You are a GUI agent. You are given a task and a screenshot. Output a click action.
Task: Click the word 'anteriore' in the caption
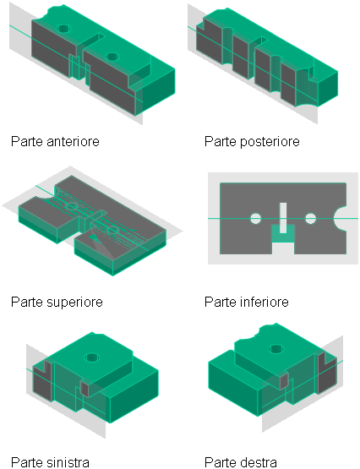click(73, 141)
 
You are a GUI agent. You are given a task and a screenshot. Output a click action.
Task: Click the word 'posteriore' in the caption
click(270, 141)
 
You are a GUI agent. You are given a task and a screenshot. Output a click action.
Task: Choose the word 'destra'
click(259, 462)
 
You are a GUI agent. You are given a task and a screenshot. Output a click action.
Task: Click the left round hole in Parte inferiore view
click(255, 219)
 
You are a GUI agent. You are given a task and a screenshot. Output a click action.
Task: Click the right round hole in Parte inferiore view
click(310, 219)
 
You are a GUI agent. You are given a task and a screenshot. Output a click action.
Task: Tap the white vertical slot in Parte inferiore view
click(283, 218)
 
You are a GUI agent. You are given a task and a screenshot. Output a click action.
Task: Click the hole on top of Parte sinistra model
click(92, 357)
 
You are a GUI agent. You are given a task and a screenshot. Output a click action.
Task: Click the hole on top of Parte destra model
click(276, 349)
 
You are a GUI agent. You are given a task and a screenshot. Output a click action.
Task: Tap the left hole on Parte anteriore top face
click(63, 29)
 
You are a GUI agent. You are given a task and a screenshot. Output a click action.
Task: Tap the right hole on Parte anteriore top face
click(112, 57)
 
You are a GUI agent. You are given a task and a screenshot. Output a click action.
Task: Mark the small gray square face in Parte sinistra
click(85, 388)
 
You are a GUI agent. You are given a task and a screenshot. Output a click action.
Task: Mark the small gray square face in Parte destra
click(284, 381)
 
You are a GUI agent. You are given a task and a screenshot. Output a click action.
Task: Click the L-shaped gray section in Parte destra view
click(326, 373)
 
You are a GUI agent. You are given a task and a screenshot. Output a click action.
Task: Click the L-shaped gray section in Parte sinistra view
click(42, 379)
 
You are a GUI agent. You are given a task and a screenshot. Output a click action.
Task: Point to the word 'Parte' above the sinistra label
click(27, 302)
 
